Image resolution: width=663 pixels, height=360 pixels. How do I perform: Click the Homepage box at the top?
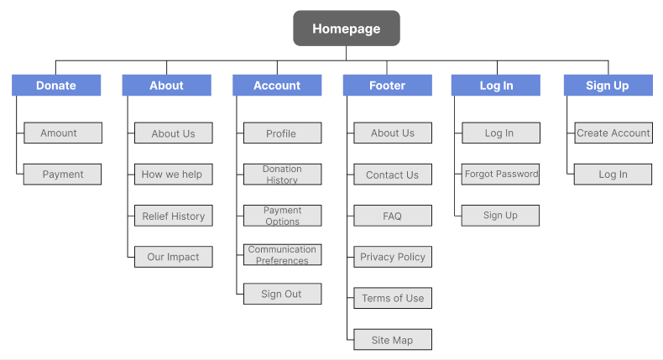347,29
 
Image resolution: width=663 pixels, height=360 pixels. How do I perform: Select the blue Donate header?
56,86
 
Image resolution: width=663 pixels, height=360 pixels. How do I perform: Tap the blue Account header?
277,86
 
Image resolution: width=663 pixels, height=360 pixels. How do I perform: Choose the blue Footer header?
388,86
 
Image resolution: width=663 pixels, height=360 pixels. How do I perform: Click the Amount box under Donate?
63,133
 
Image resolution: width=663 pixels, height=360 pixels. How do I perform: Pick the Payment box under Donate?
63,175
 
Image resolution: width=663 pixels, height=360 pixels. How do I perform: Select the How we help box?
174,175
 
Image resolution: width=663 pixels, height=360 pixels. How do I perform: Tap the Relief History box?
174,216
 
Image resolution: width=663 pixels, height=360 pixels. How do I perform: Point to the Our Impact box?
174,257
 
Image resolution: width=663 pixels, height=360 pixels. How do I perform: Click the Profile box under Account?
283,133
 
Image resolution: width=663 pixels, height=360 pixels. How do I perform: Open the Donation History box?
283,175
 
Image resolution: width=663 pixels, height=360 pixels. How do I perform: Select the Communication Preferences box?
283,254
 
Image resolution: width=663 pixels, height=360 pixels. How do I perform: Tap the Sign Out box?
283,294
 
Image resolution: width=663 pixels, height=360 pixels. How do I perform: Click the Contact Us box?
393,175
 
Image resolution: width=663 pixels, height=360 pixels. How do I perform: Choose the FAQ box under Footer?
393,216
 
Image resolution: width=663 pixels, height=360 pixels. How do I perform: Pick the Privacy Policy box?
393,257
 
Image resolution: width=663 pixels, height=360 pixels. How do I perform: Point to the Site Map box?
393,340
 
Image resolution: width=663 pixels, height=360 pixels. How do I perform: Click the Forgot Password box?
501,175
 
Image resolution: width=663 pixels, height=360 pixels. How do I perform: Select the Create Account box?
613,133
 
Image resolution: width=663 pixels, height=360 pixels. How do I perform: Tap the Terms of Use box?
393,298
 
